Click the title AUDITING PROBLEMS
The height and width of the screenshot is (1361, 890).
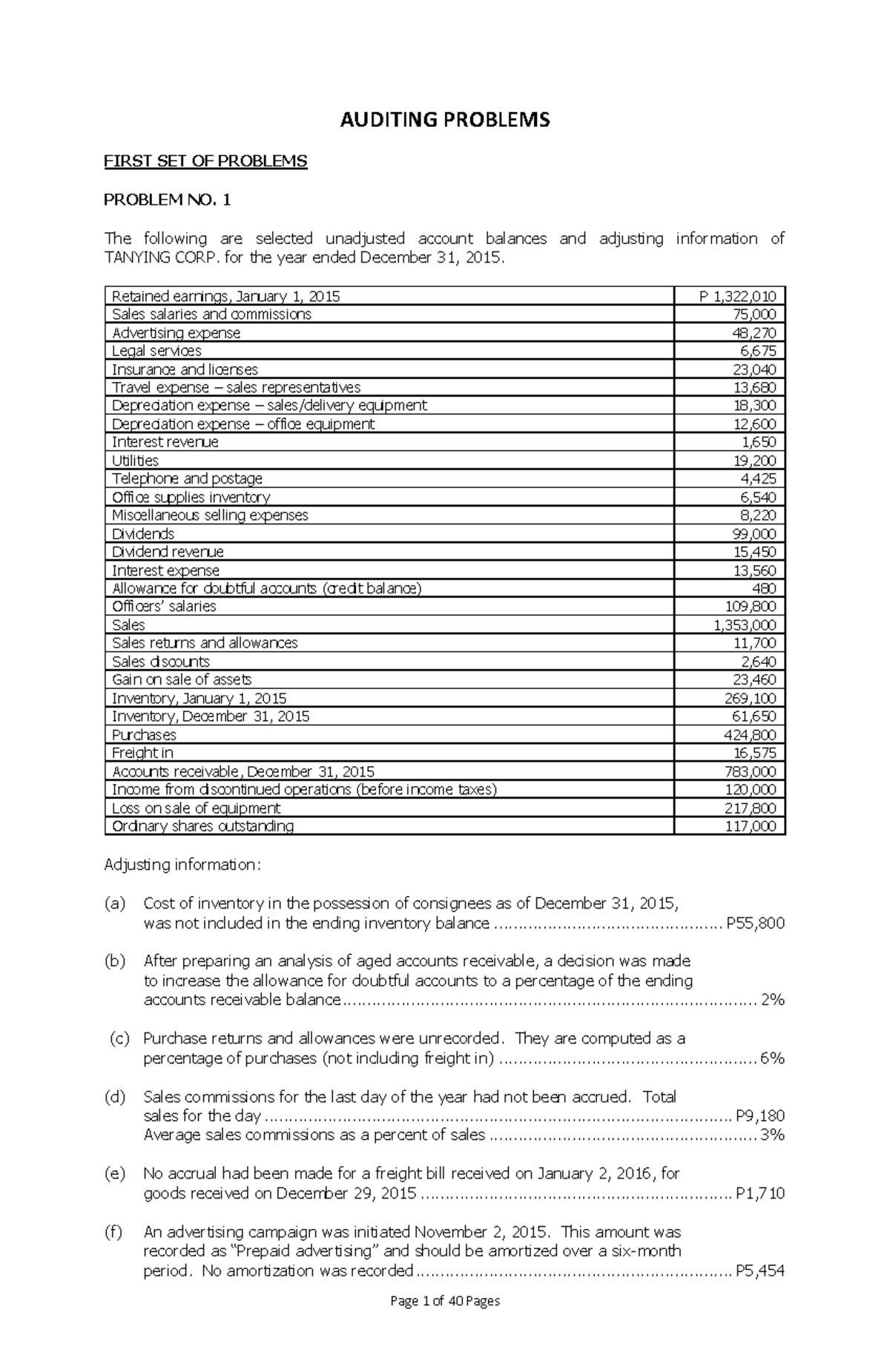[x=444, y=120]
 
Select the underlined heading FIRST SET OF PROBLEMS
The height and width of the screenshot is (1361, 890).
[x=205, y=162]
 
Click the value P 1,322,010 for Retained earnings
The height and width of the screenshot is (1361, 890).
[x=737, y=297]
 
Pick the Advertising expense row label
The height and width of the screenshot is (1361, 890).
[x=176, y=333]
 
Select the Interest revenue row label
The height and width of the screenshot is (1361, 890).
[x=165, y=442]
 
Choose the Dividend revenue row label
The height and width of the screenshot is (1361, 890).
[x=168, y=552]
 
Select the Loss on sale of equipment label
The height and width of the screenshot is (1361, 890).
[x=196, y=808]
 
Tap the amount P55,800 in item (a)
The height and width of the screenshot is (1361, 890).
[x=755, y=923]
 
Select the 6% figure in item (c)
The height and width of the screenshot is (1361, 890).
[x=772, y=1058]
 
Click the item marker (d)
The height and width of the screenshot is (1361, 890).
[x=115, y=1097]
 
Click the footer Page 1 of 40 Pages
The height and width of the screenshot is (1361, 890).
[x=445, y=1321]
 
